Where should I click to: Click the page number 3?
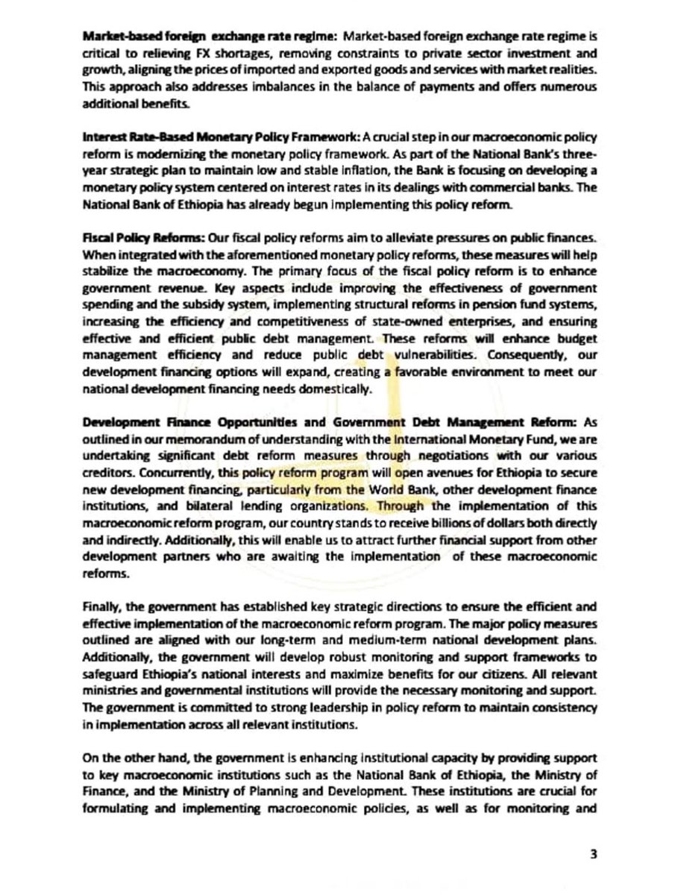pyautogui.click(x=594, y=855)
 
